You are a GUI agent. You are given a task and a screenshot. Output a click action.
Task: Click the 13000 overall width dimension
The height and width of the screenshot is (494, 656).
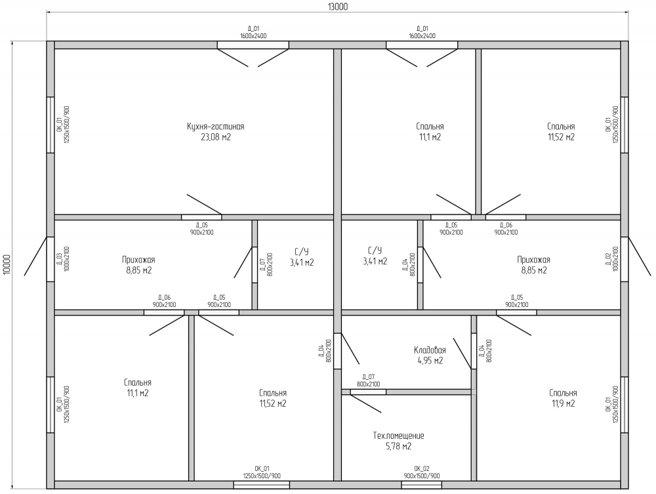(x=338, y=7)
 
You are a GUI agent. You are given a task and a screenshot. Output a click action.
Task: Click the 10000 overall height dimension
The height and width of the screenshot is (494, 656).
(x=7, y=264)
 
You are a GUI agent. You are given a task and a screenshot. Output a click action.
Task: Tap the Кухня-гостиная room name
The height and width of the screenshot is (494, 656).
(x=215, y=127)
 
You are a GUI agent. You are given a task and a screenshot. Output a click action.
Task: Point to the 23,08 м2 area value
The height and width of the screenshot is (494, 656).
(x=216, y=137)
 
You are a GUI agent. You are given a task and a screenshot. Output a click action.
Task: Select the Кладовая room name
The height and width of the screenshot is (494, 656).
(x=430, y=350)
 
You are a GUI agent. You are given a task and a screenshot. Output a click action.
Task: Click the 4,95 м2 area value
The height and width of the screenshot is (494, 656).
(x=430, y=361)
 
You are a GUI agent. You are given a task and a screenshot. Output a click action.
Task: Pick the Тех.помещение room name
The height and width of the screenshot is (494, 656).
(x=398, y=436)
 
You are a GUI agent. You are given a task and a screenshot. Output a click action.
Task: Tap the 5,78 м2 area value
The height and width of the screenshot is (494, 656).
(x=398, y=446)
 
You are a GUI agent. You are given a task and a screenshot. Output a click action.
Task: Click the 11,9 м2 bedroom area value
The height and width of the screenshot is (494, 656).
(x=563, y=403)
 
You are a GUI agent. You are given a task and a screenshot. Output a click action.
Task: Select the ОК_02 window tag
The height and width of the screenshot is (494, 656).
(x=422, y=469)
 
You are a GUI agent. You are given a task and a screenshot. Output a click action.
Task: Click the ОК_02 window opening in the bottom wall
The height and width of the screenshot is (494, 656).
(x=422, y=485)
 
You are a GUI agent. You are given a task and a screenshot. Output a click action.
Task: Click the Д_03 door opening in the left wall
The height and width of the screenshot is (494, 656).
(x=51, y=259)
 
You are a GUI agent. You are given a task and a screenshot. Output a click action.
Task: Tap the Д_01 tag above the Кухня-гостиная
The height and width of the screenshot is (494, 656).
(x=253, y=29)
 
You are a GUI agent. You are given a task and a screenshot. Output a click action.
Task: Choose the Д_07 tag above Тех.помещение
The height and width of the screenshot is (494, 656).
(x=368, y=377)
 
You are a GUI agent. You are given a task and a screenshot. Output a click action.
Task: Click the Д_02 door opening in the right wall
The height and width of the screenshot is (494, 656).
(x=625, y=259)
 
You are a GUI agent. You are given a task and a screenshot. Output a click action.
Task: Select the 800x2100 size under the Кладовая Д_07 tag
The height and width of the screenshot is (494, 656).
(x=368, y=384)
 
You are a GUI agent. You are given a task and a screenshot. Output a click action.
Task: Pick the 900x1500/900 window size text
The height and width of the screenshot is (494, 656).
(x=422, y=476)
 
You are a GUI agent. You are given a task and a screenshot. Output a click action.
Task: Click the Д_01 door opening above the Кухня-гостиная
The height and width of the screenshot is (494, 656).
(x=253, y=45)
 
